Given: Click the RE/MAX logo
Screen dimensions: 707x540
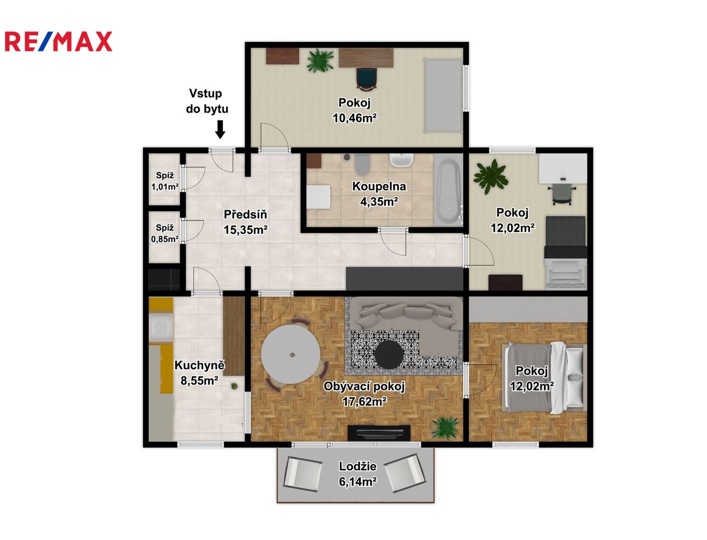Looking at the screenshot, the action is [x=59, y=41].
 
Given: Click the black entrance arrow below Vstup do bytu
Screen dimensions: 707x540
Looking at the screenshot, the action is [x=220, y=129].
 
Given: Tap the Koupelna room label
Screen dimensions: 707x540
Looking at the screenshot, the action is [x=379, y=186].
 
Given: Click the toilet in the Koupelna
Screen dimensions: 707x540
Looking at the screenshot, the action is [x=362, y=164].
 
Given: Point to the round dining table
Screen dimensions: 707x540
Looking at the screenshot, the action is [x=291, y=354].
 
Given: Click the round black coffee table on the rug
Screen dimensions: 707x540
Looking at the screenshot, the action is [x=389, y=354].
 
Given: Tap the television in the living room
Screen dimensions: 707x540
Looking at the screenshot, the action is [x=379, y=433].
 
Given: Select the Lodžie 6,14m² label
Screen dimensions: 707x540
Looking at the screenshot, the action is [x=358, y=473].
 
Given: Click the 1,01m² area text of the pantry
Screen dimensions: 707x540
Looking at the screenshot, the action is [x=165, y=186].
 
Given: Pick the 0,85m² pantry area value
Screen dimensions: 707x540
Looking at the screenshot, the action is [x=165, y=239].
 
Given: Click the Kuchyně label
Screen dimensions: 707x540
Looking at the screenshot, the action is [x=199, y=365].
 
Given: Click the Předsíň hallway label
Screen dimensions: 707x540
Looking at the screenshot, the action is [x=246, y=214].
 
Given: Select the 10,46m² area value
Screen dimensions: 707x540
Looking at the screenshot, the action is [x=355, y=118].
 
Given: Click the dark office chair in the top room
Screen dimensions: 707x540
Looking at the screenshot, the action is [x=367, y=78].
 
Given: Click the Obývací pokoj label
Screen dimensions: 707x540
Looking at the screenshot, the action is [x=364, y=386].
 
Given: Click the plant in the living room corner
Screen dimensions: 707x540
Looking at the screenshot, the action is [x=445, y=428].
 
